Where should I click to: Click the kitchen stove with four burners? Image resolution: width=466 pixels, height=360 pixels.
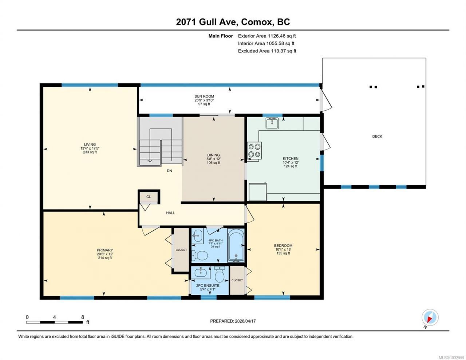254,150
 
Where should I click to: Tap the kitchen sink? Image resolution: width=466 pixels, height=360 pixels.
272,123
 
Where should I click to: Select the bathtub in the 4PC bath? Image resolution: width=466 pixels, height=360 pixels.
236,246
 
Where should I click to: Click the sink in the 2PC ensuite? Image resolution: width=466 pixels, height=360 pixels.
201,273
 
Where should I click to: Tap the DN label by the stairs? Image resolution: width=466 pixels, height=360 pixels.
169,171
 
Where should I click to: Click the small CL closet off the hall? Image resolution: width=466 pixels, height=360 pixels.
149,197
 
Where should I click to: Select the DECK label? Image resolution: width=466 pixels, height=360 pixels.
377,137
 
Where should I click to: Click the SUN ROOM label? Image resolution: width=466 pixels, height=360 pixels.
204,96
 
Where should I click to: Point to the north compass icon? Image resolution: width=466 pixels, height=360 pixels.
430,317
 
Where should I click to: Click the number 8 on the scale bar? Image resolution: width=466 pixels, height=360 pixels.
83,317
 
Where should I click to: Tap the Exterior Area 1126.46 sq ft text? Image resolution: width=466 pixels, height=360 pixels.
267,36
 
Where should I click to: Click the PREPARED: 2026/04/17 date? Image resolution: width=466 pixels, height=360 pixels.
233,321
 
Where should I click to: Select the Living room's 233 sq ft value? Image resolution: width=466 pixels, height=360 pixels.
90,152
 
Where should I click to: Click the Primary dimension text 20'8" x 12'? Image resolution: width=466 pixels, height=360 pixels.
105,254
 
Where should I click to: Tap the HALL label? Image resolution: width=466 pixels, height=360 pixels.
170,213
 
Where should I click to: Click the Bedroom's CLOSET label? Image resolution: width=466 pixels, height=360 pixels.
237,280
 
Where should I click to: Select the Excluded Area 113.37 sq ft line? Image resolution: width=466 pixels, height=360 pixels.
267,51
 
